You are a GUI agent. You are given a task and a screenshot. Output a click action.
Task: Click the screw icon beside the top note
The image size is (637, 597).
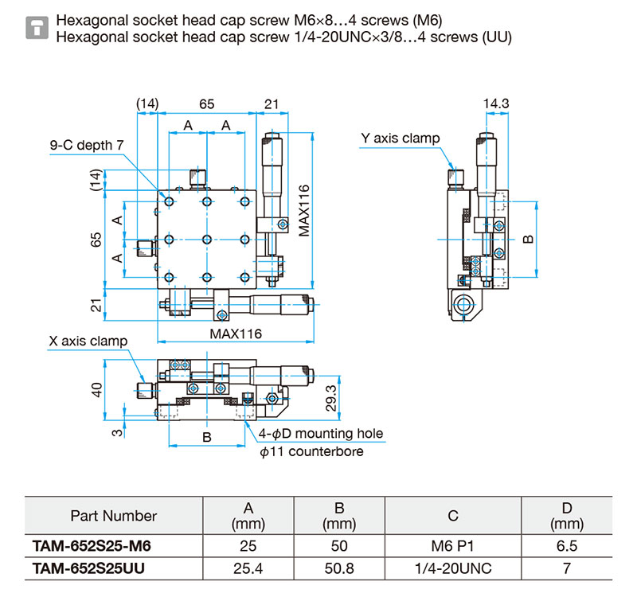[37, 28]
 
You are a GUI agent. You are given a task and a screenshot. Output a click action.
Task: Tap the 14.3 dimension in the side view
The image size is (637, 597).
[496, 103]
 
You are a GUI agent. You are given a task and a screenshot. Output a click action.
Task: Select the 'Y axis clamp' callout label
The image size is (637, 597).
[401, 139]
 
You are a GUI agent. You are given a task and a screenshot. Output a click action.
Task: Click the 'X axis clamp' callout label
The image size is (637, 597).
[88, 341]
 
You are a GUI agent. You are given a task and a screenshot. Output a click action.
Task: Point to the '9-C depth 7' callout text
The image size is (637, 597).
[87, 145]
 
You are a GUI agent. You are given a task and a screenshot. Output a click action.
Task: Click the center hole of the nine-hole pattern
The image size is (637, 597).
[207, 240]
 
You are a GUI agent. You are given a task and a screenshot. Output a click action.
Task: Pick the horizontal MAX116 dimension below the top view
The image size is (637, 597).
[236, 334]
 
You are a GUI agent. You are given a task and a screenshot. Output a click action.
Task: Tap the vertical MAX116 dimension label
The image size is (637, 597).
[304, 211]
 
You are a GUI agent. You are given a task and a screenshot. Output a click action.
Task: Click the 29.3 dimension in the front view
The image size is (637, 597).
[331, 398]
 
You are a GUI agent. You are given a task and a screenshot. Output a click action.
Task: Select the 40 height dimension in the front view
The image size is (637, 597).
[96, 390]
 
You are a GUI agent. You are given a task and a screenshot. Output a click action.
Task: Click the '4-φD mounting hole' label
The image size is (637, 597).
[321, 433]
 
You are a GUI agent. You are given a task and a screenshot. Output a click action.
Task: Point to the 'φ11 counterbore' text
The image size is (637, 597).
[311, 451]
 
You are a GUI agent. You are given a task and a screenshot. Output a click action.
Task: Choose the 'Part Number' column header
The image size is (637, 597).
[114, 516]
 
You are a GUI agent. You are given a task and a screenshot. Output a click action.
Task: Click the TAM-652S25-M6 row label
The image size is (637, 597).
[92, 546]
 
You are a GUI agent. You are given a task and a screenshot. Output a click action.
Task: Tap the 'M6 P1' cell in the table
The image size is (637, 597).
[452, 546]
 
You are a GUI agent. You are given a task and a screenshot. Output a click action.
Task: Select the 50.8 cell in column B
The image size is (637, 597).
[339, 568]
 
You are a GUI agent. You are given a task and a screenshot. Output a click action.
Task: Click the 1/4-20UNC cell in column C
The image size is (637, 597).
[453, 568]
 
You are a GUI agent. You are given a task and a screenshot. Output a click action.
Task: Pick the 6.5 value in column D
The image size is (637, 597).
[567, 546]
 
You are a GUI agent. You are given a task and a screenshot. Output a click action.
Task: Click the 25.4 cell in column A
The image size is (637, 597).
[248, 568]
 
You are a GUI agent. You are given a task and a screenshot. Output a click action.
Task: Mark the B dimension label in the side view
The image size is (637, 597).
[527, 240]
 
